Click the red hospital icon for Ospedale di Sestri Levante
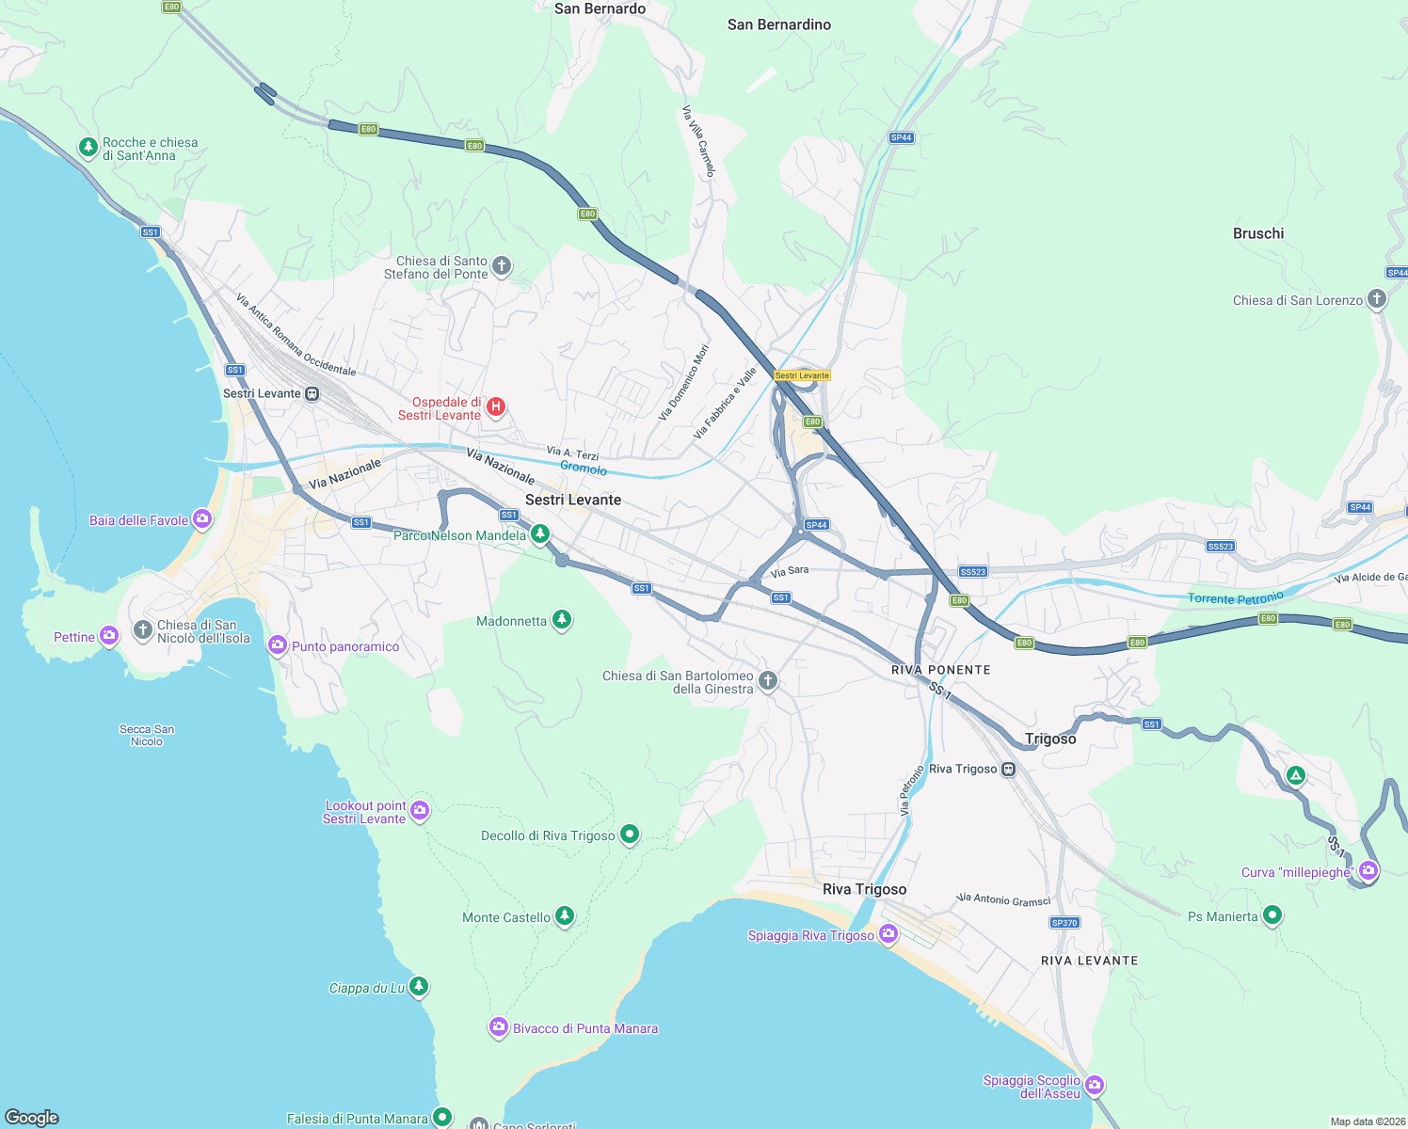coord(496,407)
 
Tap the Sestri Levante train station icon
coord(312,394)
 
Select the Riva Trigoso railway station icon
coord(1008,769)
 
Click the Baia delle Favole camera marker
coord(202,518)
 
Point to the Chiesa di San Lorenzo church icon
coord(1376,299)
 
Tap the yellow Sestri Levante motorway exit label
coord(802,375)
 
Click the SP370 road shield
coord(1064,923)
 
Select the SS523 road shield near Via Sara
coord(972,572)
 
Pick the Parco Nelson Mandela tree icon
coord(539,534)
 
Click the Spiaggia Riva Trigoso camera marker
coord(888,933)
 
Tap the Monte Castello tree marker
coord(564,915)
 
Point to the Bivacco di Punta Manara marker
coord(499,1027)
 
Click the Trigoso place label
coord(1050,739)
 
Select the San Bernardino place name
coord(779,24)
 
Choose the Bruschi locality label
coord(1257,233)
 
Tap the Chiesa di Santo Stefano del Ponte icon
coord(502,265)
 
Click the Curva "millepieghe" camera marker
coord(1368,870)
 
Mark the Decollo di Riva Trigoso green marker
coord(630,834)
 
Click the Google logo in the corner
coord(32,1117)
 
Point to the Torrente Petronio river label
coord(1235,598)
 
